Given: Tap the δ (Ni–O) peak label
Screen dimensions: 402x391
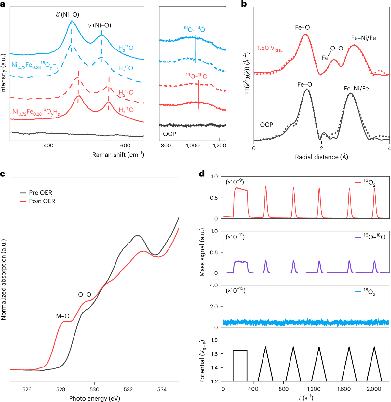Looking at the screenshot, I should pos(67,15).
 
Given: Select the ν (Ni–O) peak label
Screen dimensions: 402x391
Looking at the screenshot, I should pos(100,25).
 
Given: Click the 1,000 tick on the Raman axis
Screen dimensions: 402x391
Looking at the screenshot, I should pos(193,146).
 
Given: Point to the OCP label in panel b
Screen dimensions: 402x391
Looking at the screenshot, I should pos(266,125).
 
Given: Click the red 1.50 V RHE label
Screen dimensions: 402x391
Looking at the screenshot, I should pos(270,48).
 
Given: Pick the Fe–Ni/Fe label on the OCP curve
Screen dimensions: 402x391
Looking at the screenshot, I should pos(356,89).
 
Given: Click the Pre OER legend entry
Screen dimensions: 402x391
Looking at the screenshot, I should pos(40,193).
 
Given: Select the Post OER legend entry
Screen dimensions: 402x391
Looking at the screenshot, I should pos(42,201).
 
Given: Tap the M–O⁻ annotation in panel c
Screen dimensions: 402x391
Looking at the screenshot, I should pos(64,316).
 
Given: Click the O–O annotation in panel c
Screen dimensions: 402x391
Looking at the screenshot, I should pos(85,295).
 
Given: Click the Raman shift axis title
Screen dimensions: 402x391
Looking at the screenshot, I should pos(118,155).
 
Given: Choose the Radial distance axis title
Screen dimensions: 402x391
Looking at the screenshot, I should pos(321,157).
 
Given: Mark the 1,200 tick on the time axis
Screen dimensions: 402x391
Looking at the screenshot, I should pos(314,389).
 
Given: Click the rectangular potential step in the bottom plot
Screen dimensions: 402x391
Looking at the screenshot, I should pos(240,350).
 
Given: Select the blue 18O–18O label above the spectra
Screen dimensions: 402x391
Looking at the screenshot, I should pos(194,29).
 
